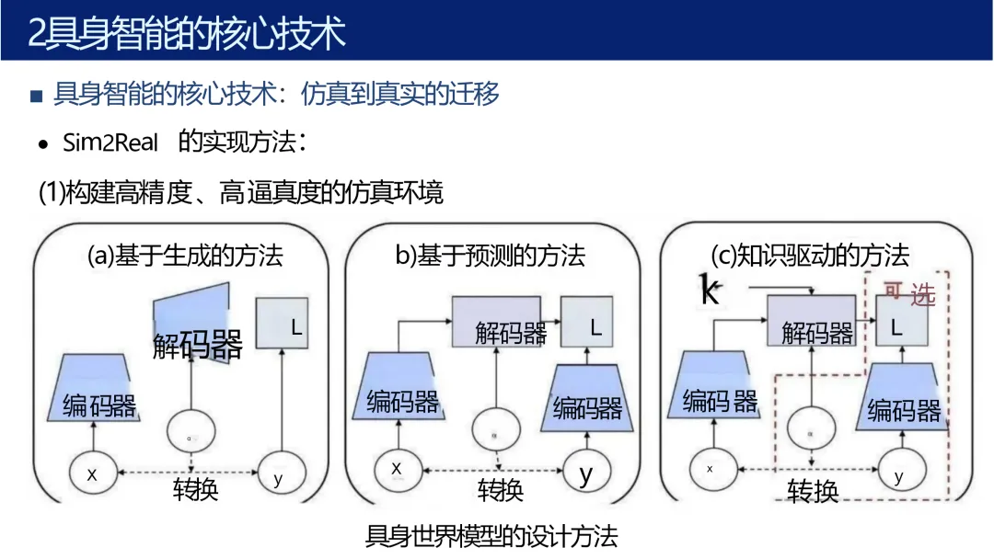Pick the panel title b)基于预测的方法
[x=490, y=255]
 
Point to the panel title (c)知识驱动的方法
[x=810, y=254]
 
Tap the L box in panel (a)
[x=283, y=324]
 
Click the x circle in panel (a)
[x=92, y=474]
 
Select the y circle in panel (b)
[x=586, y=474]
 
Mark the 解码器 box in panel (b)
[x=510, y=322]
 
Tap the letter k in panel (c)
[x=710, y=291]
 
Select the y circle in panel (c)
[x=898, y=474]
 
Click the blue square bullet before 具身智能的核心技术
[x=37, y=96]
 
